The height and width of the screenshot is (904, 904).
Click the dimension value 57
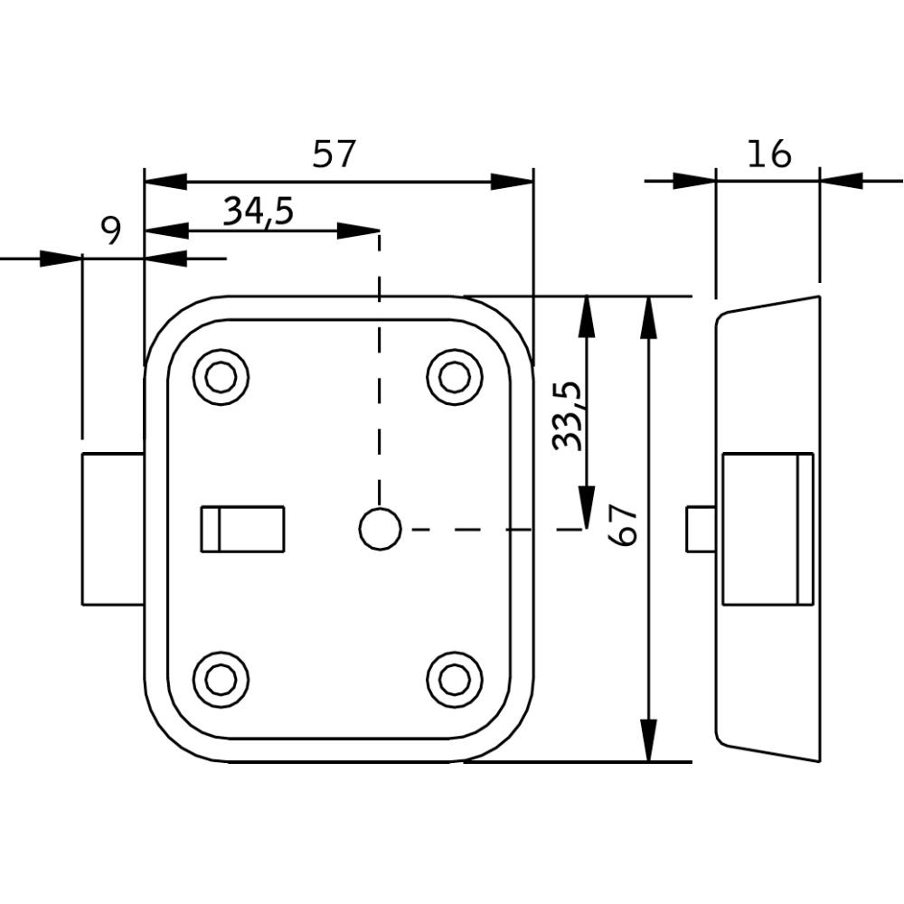coord(334,155)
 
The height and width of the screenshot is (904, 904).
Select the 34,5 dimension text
coord(259,212)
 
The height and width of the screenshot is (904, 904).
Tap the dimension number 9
coord(110,232)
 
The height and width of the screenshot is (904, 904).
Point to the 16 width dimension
coord(768,155)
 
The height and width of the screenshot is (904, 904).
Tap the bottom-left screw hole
coord(221,679)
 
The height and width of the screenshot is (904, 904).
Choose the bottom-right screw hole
coord(454,679)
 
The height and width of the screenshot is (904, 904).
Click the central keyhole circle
coord(380,529)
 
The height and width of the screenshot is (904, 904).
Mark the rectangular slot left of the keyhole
coord(242,529)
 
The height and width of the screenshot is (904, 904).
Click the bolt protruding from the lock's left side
coord(113,529)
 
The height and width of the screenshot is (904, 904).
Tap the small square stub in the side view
coord(701,529)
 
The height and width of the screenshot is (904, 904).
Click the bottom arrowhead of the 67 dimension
coord(648,741)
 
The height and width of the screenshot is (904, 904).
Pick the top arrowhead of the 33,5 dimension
coord(587,315)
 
